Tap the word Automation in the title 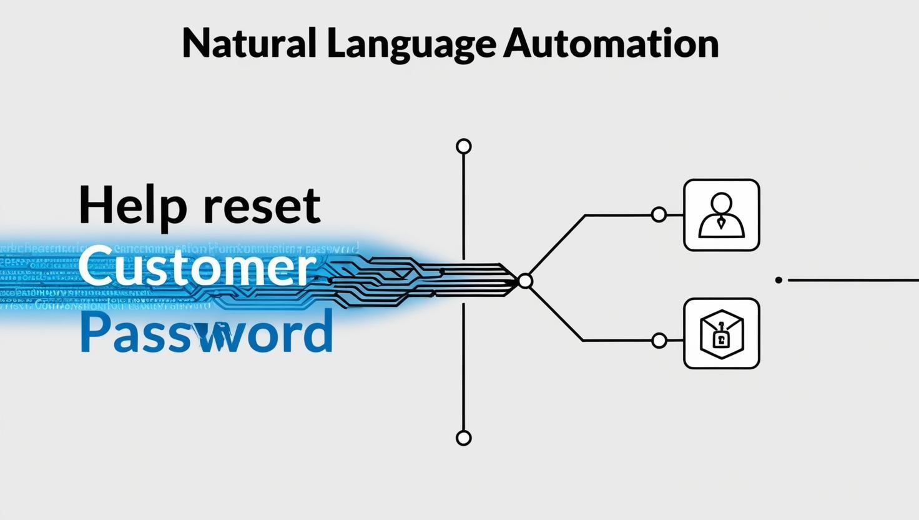[611, 43]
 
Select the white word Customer [197, 267]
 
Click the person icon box [721, 215]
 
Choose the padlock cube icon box [721, 333]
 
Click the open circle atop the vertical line [463, 146]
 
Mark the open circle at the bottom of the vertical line [463, 437]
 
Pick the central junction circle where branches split [525, 281]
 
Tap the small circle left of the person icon [659, 215]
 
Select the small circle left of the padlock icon [659, 341]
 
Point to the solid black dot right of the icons [779, 280]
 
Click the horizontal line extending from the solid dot [852, 280]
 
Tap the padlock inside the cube [720, 339]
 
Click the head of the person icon [721, 202]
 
